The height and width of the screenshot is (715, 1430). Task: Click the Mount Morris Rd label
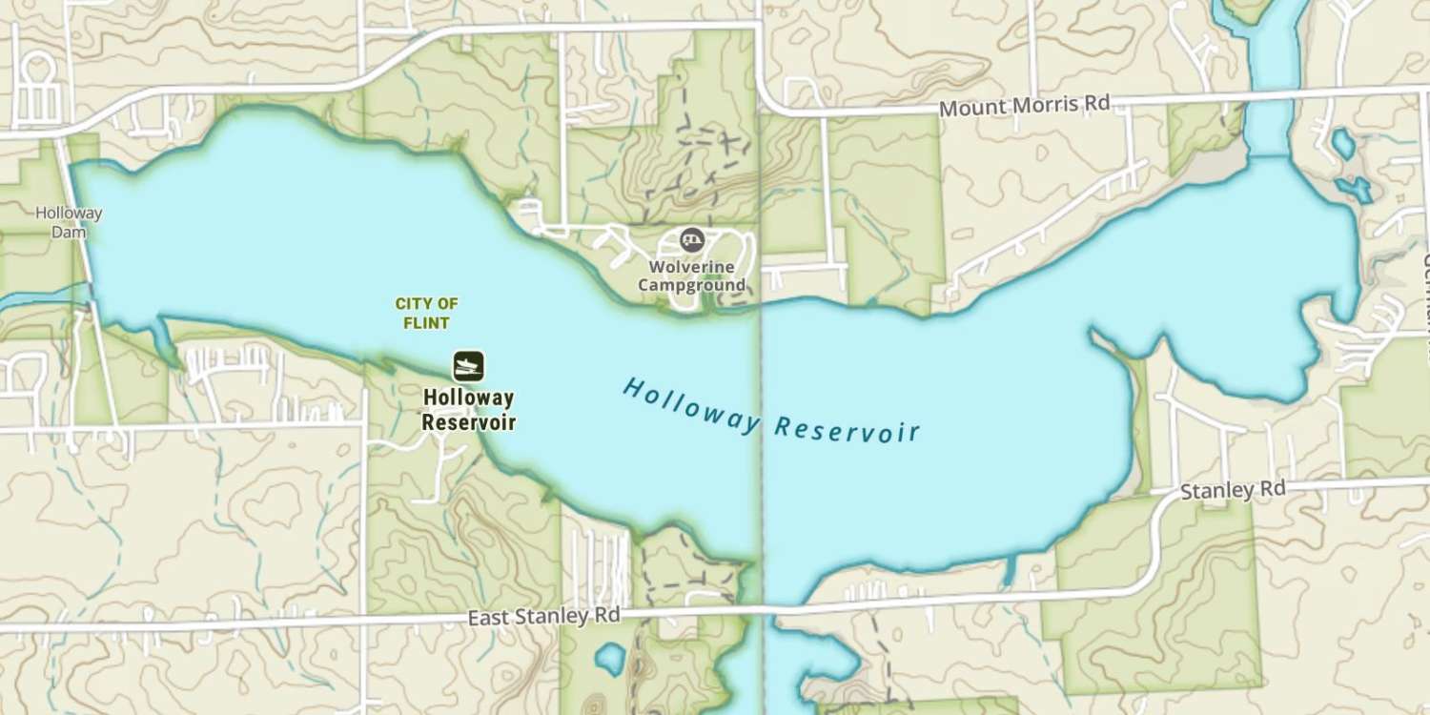pos(1024,106)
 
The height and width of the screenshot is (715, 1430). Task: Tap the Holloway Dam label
pos(69,222)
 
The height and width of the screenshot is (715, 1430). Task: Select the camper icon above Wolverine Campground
pos(692,240)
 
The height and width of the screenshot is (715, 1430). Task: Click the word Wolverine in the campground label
pos(691,267)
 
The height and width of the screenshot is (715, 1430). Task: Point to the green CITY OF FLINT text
pos(427,313)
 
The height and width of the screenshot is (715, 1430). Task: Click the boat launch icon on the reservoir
pos(468,365)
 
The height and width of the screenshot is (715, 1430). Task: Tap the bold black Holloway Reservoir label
pos(468,410)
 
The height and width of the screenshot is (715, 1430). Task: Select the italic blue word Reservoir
pos(848,429)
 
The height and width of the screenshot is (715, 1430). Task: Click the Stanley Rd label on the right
pos(1232,491)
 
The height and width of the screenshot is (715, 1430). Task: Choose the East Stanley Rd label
pos(543,617)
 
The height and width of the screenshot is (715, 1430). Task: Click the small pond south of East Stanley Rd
pos(609,658)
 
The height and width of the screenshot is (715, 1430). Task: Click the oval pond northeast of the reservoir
pos(1343,144)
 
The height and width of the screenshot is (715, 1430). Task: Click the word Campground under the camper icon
pos(691,285)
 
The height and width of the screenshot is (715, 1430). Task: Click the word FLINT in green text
pos(427,322)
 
